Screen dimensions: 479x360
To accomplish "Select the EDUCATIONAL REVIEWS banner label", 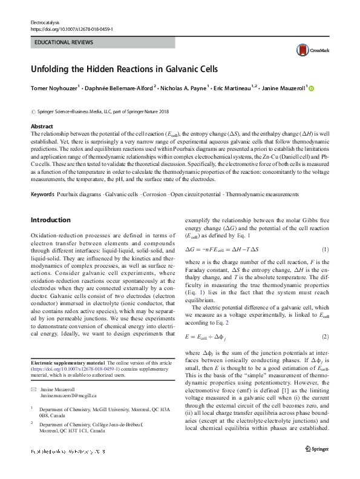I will point(64,43).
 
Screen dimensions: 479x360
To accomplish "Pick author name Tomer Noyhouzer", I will point(53,88).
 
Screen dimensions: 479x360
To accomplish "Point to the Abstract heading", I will point(42,127).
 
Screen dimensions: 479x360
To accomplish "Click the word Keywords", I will point(42,194).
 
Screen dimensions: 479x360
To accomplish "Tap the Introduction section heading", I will point(50,220).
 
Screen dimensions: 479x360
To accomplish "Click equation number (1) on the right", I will point(324,250).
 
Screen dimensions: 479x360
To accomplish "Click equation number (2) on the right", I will point(324,337).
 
